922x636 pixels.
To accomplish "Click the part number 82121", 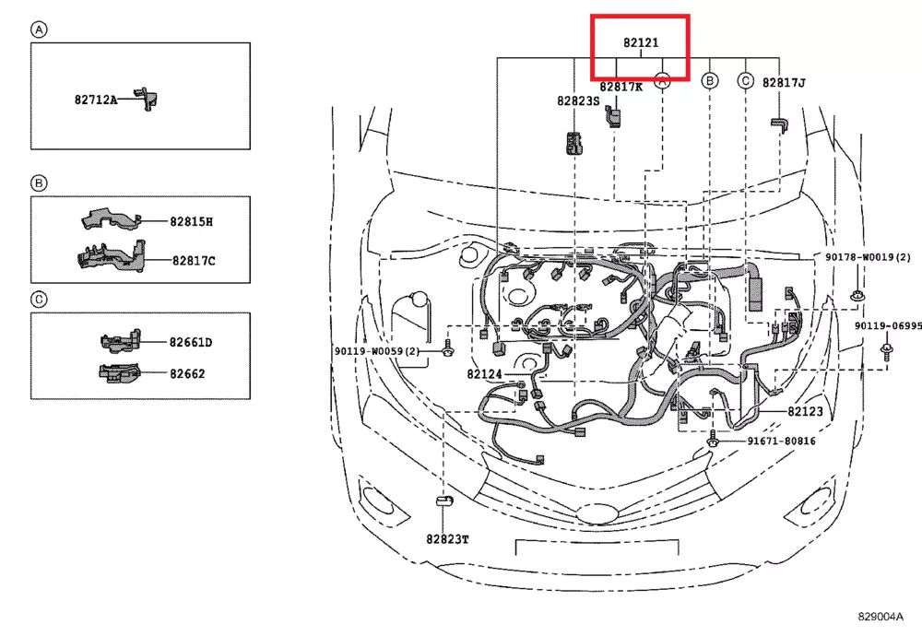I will pos(641,42).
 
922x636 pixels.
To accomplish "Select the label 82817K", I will pos(621,87).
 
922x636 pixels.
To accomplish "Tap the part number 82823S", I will pos(578,100).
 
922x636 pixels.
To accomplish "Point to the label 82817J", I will pos(784,82).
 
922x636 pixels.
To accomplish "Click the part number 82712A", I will pos(96,99).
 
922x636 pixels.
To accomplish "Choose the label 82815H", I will pos(191,222).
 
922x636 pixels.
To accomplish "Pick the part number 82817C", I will pos(193,261).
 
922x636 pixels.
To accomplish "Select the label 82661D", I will pos(190,343).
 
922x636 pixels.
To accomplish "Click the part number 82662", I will pos(186,374).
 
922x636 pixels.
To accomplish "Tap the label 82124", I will pos(484,374).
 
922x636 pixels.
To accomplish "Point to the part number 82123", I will pos(805,412).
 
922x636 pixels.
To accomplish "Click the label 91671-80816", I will pos(781,442).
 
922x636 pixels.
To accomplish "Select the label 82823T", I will pos(447,538).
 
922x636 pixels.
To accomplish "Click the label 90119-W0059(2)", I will pos(377,351).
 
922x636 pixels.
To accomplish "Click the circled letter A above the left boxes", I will pos(39,29).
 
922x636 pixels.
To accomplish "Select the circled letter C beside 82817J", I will pos(745,81).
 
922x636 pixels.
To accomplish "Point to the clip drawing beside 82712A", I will pos(146,99).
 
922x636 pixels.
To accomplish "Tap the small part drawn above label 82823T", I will pos(443,501).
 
